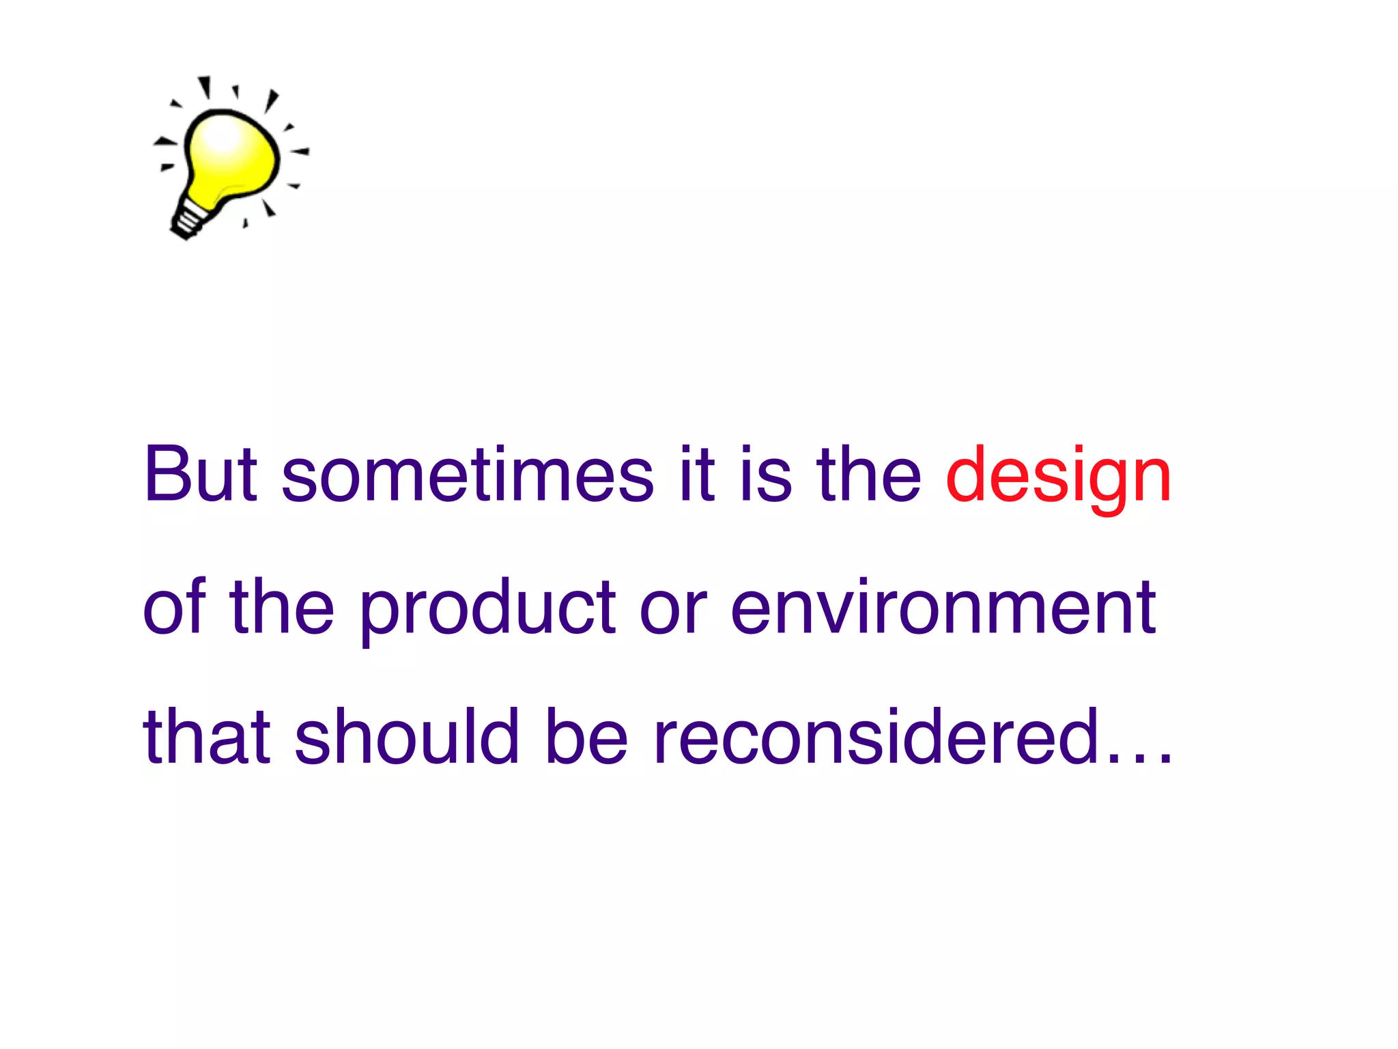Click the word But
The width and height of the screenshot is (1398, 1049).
[201, 474]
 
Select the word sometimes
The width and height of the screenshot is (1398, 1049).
[468, 474]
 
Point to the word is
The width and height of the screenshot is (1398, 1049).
[766, 474]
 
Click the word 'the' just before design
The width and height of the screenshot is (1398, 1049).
[869, 474]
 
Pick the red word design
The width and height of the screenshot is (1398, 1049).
[1059, 478]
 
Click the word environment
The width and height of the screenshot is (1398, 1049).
[943, 606]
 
